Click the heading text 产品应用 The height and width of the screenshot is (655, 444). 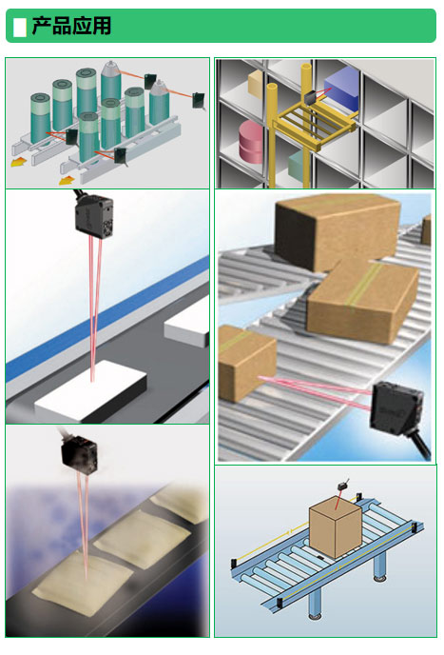pyautogui.click(x=71, y=26)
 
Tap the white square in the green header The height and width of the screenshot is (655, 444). pyautogui.click(x=20, y=27)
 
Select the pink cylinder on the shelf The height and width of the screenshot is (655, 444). pyautogui.click(x=251, y=142)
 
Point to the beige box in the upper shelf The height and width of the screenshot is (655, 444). pyautogui.click(x=256, y=83)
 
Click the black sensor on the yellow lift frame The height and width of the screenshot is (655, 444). pyautogui.click(x=312, y=98)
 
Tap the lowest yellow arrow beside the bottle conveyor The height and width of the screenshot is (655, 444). pyautogui.click(x=66, y=181)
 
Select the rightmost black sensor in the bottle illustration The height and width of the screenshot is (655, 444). pyautogui.click(x=199, y=101)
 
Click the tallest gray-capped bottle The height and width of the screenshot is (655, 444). pyautogui.click(x=111, y=84)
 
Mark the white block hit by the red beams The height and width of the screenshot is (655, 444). pyautogui.click(x=91, y=390)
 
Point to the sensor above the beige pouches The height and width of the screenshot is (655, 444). pyautogui.click(x=79, y=453)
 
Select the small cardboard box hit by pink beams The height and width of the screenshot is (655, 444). pyautogui.click(x=246, y=364)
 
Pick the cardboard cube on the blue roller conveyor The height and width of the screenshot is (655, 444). pyautogui.click(x=335, y=526)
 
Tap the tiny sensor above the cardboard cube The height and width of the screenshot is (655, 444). pyautogui.click(x=343, y=486)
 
